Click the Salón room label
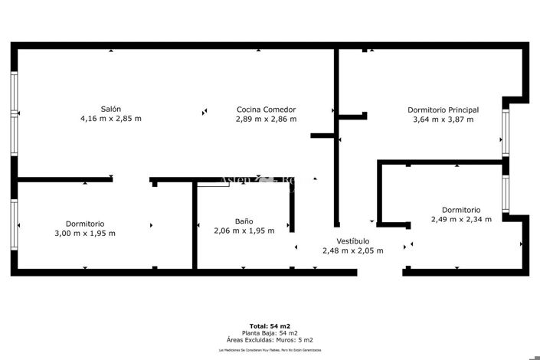(x=111, y=109)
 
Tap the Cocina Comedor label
(x=266, y=110)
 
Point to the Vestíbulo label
(x=352, y=241)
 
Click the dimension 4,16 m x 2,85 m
(x=111, y=119)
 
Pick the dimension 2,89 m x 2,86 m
(x=266, y=119)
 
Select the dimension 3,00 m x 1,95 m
(x=85, y=234)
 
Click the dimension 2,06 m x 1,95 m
(x=244, y=231)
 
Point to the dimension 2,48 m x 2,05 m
(x=352, y=250)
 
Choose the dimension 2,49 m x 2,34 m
(x=461, y=219)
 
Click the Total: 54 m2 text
(x=270, y=326)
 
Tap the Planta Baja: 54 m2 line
(x=270, y=333)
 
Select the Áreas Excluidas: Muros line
(x=270, y=340)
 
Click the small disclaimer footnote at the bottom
(x=270, y=350)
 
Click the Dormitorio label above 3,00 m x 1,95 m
(x=85, y=224)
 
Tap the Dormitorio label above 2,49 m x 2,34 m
(x=461, y=209)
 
